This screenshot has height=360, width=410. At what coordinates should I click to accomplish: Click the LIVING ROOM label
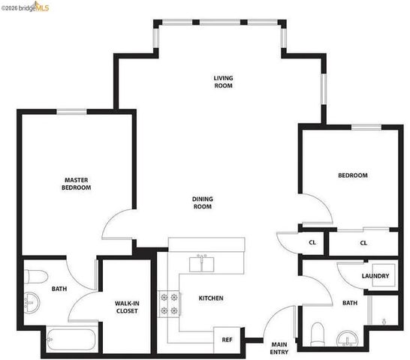pos(223,82)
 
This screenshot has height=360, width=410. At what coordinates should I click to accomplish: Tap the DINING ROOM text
pos(203,202)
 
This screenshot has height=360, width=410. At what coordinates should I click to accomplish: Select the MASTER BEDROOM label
pos(77,184)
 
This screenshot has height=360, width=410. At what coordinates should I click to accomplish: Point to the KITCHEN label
pos(211,298)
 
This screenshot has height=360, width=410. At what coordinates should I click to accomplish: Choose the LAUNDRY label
pos(375,276)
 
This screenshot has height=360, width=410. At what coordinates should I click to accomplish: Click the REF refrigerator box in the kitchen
pos(227,339)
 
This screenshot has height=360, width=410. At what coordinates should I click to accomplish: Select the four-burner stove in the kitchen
pos(168,303)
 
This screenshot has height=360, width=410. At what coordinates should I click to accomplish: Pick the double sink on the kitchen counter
pos(200,263)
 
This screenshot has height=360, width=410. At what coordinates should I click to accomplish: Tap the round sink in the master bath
pos(32,305)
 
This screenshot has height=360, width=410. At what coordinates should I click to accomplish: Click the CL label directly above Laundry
pos(363,243)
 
